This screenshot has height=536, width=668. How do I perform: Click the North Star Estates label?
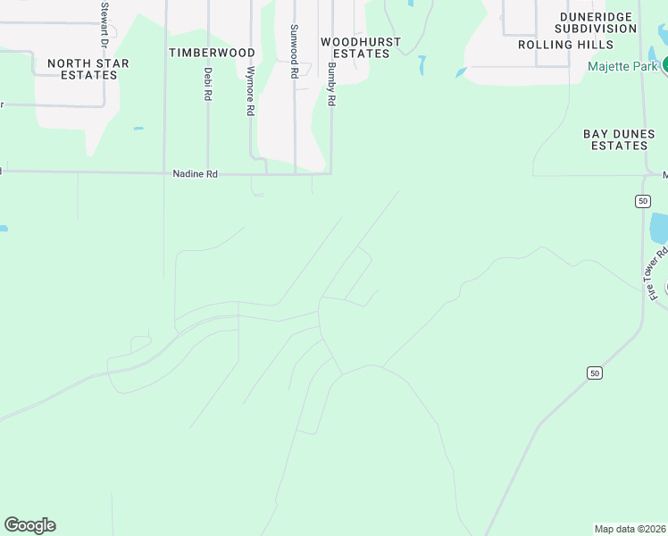tap(88, 69)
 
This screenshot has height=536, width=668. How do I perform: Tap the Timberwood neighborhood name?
tap(212, 53)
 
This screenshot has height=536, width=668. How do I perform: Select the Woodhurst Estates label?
tap(355, 47)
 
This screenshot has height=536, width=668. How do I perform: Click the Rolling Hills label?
tap(565, 45)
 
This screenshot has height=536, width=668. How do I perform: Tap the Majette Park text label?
tap(622, 66)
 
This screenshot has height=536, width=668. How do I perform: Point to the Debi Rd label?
tap(208, 83)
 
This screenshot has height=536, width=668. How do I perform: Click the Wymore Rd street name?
tap(251, 91)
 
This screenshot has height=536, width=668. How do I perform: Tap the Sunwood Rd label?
tap(293, 52)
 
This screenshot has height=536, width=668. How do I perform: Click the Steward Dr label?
tap(104, 25)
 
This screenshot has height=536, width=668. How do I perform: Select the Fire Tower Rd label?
tap(656, 273)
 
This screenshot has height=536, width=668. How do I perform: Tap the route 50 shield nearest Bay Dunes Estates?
tap(642, 201)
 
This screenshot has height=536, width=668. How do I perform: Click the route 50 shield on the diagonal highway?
tap(593, 372)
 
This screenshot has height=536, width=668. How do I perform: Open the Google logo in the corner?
tap(29, 525)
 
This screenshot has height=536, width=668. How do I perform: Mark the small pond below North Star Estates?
tap(138, 129)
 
